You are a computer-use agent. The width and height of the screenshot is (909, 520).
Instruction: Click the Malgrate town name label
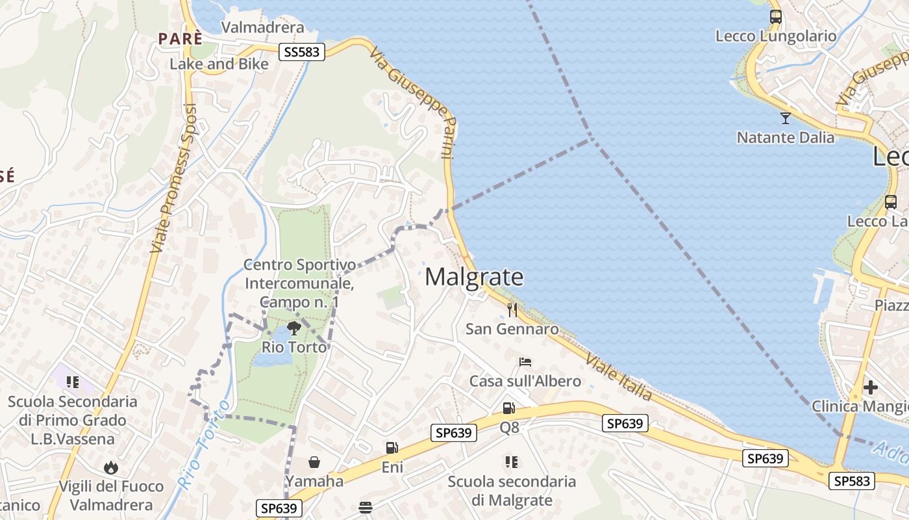[474, 278]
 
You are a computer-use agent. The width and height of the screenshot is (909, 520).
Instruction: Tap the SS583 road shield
[302, 52]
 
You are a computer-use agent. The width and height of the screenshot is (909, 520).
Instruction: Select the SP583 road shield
[852, 481]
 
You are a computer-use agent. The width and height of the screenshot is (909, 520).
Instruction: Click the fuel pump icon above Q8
[509, 408]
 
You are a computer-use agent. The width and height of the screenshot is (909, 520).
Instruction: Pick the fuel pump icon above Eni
[392, 448]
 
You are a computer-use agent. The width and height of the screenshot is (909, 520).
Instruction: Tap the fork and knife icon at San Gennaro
[513, 309]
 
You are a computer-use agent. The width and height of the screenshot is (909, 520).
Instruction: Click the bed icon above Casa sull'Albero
[525, 361]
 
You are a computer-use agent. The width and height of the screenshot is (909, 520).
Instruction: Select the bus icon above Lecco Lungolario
[775, 17]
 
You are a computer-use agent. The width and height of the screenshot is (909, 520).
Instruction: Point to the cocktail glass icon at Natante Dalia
[786, 118]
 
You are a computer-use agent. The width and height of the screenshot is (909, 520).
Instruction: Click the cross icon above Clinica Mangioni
[871, 387]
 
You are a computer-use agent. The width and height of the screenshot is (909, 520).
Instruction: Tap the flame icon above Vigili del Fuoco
[111, 467]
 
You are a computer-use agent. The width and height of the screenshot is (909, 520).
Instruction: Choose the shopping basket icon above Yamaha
[314, 462]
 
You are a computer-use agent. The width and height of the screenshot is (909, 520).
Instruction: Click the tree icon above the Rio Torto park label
[293, 328]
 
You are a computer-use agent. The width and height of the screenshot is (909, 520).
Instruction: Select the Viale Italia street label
[619, 377]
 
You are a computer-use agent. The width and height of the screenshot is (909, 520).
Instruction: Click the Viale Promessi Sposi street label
[173, 178]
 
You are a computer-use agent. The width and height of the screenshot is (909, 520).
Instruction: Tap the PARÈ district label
[181, 38]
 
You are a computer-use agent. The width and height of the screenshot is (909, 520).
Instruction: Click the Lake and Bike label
[219, 64]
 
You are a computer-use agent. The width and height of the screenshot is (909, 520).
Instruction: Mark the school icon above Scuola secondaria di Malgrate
[512, 462]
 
